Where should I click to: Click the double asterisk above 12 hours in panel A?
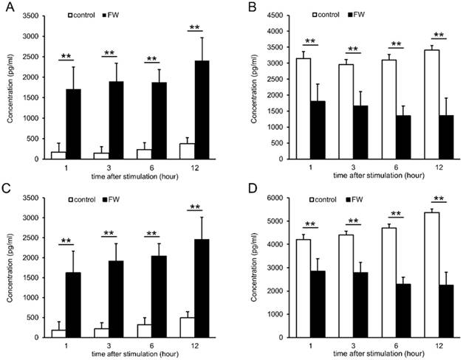[x=196, y=27]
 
